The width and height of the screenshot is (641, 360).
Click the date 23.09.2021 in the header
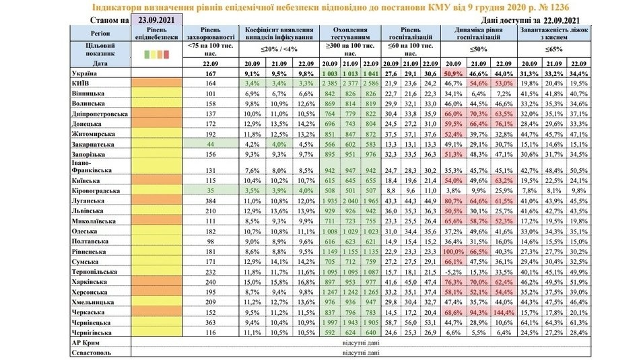[157, 20]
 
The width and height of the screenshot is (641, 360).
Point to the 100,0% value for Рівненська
[453, 251]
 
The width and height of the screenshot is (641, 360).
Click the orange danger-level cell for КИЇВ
[157, 82]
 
